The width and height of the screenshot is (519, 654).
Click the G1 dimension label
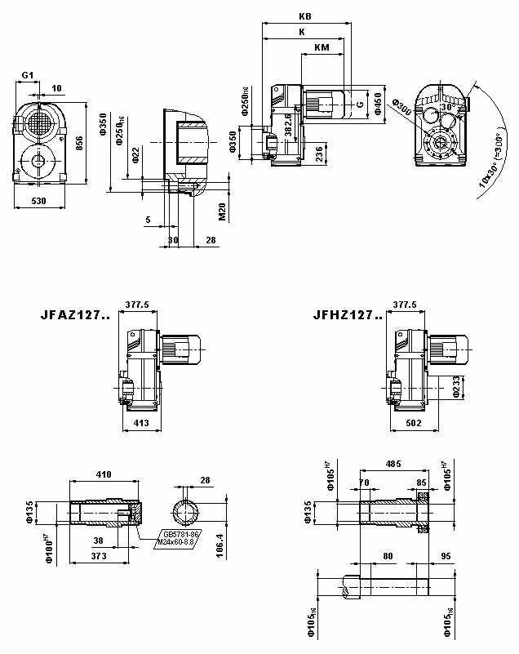point(28,75)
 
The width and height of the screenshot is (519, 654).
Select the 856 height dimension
point(79,143)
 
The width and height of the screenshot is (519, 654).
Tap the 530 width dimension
point(38,200)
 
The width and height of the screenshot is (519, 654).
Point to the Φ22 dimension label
point(135,155)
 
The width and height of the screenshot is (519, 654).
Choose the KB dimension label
point(304,16)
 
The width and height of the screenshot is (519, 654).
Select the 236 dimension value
point(320,153)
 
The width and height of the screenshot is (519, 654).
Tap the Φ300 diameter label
point(400,108)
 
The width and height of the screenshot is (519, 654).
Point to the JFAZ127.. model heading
point(74,314)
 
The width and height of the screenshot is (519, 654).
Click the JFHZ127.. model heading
point(347,314)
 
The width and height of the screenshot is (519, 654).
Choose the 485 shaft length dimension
point(394,464)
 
